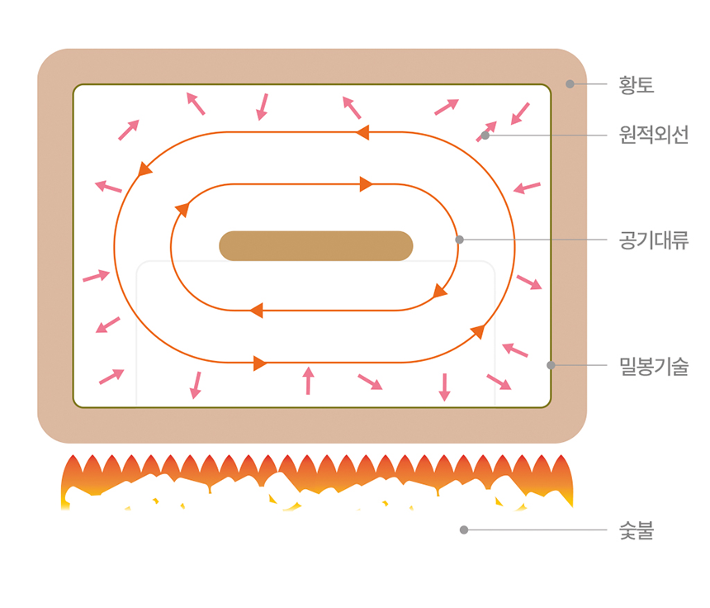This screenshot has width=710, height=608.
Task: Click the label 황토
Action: (x=637, y=84)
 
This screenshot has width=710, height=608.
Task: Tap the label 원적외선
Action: (x=653, y=135)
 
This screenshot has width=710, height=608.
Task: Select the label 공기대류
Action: (x=653, y=240)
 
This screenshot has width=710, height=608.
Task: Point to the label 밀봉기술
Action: (x=653, y=365)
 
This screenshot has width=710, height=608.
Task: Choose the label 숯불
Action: (x=637, y=530)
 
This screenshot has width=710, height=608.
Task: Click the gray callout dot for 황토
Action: (x=570, y=83)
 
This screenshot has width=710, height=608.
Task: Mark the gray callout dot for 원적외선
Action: (x=485, y=135)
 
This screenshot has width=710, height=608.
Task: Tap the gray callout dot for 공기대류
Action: (x=460, y=240)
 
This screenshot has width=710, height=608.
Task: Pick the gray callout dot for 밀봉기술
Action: (x=551, y=365)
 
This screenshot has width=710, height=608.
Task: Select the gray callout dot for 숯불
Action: (x=464, y=530)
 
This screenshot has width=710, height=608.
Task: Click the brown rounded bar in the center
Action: (x=315, y=245)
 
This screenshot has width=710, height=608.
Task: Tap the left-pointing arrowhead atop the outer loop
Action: (x=362, y=132)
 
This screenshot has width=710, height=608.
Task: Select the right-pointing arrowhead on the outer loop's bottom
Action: (x=260, y=363)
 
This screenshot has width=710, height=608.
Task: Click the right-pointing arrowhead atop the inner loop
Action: (x=367, y=184)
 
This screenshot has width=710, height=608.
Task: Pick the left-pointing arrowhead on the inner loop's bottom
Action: (x=256, y=311)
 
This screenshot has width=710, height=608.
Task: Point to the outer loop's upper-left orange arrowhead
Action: (x=145, y=169)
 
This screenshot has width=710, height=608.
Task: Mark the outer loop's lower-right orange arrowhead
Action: (x=477, y=332)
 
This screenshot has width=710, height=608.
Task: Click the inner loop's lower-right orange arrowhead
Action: (x=440, y=291)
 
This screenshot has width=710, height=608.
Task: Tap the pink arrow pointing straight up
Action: (x=308, y=380)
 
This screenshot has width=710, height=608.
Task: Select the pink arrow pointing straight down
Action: (x=444, y=387)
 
